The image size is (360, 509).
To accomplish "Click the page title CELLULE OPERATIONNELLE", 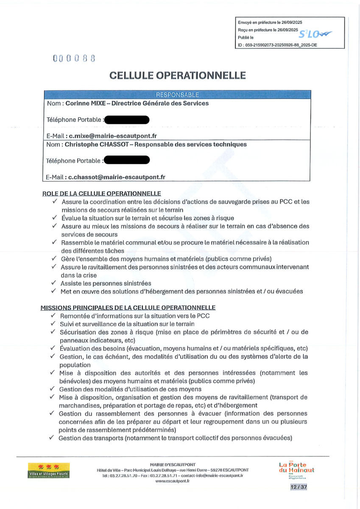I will (178, 75).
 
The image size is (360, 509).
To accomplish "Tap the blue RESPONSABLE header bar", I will (177, 95).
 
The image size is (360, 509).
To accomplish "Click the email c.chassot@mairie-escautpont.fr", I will (117, 177).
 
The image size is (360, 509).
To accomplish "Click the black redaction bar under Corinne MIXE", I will (127, 120).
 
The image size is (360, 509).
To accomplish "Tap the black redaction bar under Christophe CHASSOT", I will (127, 160).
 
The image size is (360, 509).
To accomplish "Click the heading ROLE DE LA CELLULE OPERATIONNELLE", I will (101, 193).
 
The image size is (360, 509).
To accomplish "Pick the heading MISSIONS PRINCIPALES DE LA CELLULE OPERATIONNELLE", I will (128, 308).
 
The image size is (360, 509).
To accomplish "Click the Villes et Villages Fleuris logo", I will (49, 471).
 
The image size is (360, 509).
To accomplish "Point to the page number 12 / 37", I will (296, 487).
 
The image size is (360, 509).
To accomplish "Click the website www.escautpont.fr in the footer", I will (172, 481).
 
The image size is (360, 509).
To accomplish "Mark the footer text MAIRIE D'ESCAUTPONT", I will (173, 464).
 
